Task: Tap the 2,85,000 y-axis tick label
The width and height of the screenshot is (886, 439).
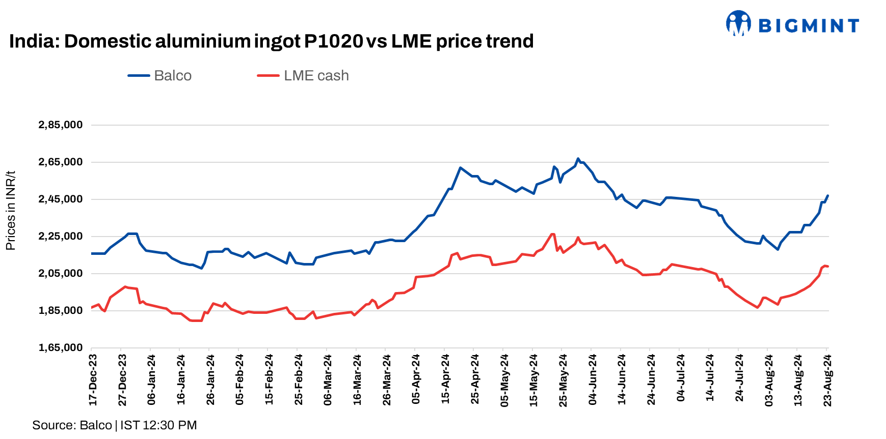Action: pyautogui.click(x=61, y=125)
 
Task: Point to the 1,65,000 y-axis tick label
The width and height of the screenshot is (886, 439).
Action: pyautogui.click(x=61, y=348)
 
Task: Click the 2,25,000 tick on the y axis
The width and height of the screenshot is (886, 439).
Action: pyautogui.click(x=61, y=237)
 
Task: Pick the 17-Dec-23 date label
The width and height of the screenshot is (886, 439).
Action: pyautogui.click(x=93, y=380)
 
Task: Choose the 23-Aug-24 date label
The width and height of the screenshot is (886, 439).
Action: pyautogui.click(x=828, y=380)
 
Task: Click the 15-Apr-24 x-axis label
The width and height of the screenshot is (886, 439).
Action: pyautogui.click(x=446, y=380)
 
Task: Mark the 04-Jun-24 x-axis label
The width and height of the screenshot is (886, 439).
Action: pyautogui.click(x=593, y=380)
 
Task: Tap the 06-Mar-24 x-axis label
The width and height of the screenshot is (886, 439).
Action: pyautogui.click(x=328, y=380)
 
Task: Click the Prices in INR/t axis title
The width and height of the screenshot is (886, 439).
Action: pyautogui.click(x=11, y=211)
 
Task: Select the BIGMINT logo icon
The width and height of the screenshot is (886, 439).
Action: pyautogui.click(x=738, y=23)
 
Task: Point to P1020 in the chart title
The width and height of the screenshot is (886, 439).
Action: pyautogui.click(x=333, y=41)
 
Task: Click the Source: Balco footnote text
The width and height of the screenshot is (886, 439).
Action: pyautogui.click(x=72, y=425)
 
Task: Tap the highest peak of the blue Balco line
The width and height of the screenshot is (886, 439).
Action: pyautogui.click(x=578, y=159)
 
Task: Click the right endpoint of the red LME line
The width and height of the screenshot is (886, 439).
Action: pyautogui.click(x=828, y=267)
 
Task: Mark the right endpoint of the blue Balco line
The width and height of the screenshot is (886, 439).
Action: pyautogui.click(x=828, y=196)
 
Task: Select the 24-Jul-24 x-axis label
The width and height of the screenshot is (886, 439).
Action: pyautogui.click(x=740, y=380)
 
